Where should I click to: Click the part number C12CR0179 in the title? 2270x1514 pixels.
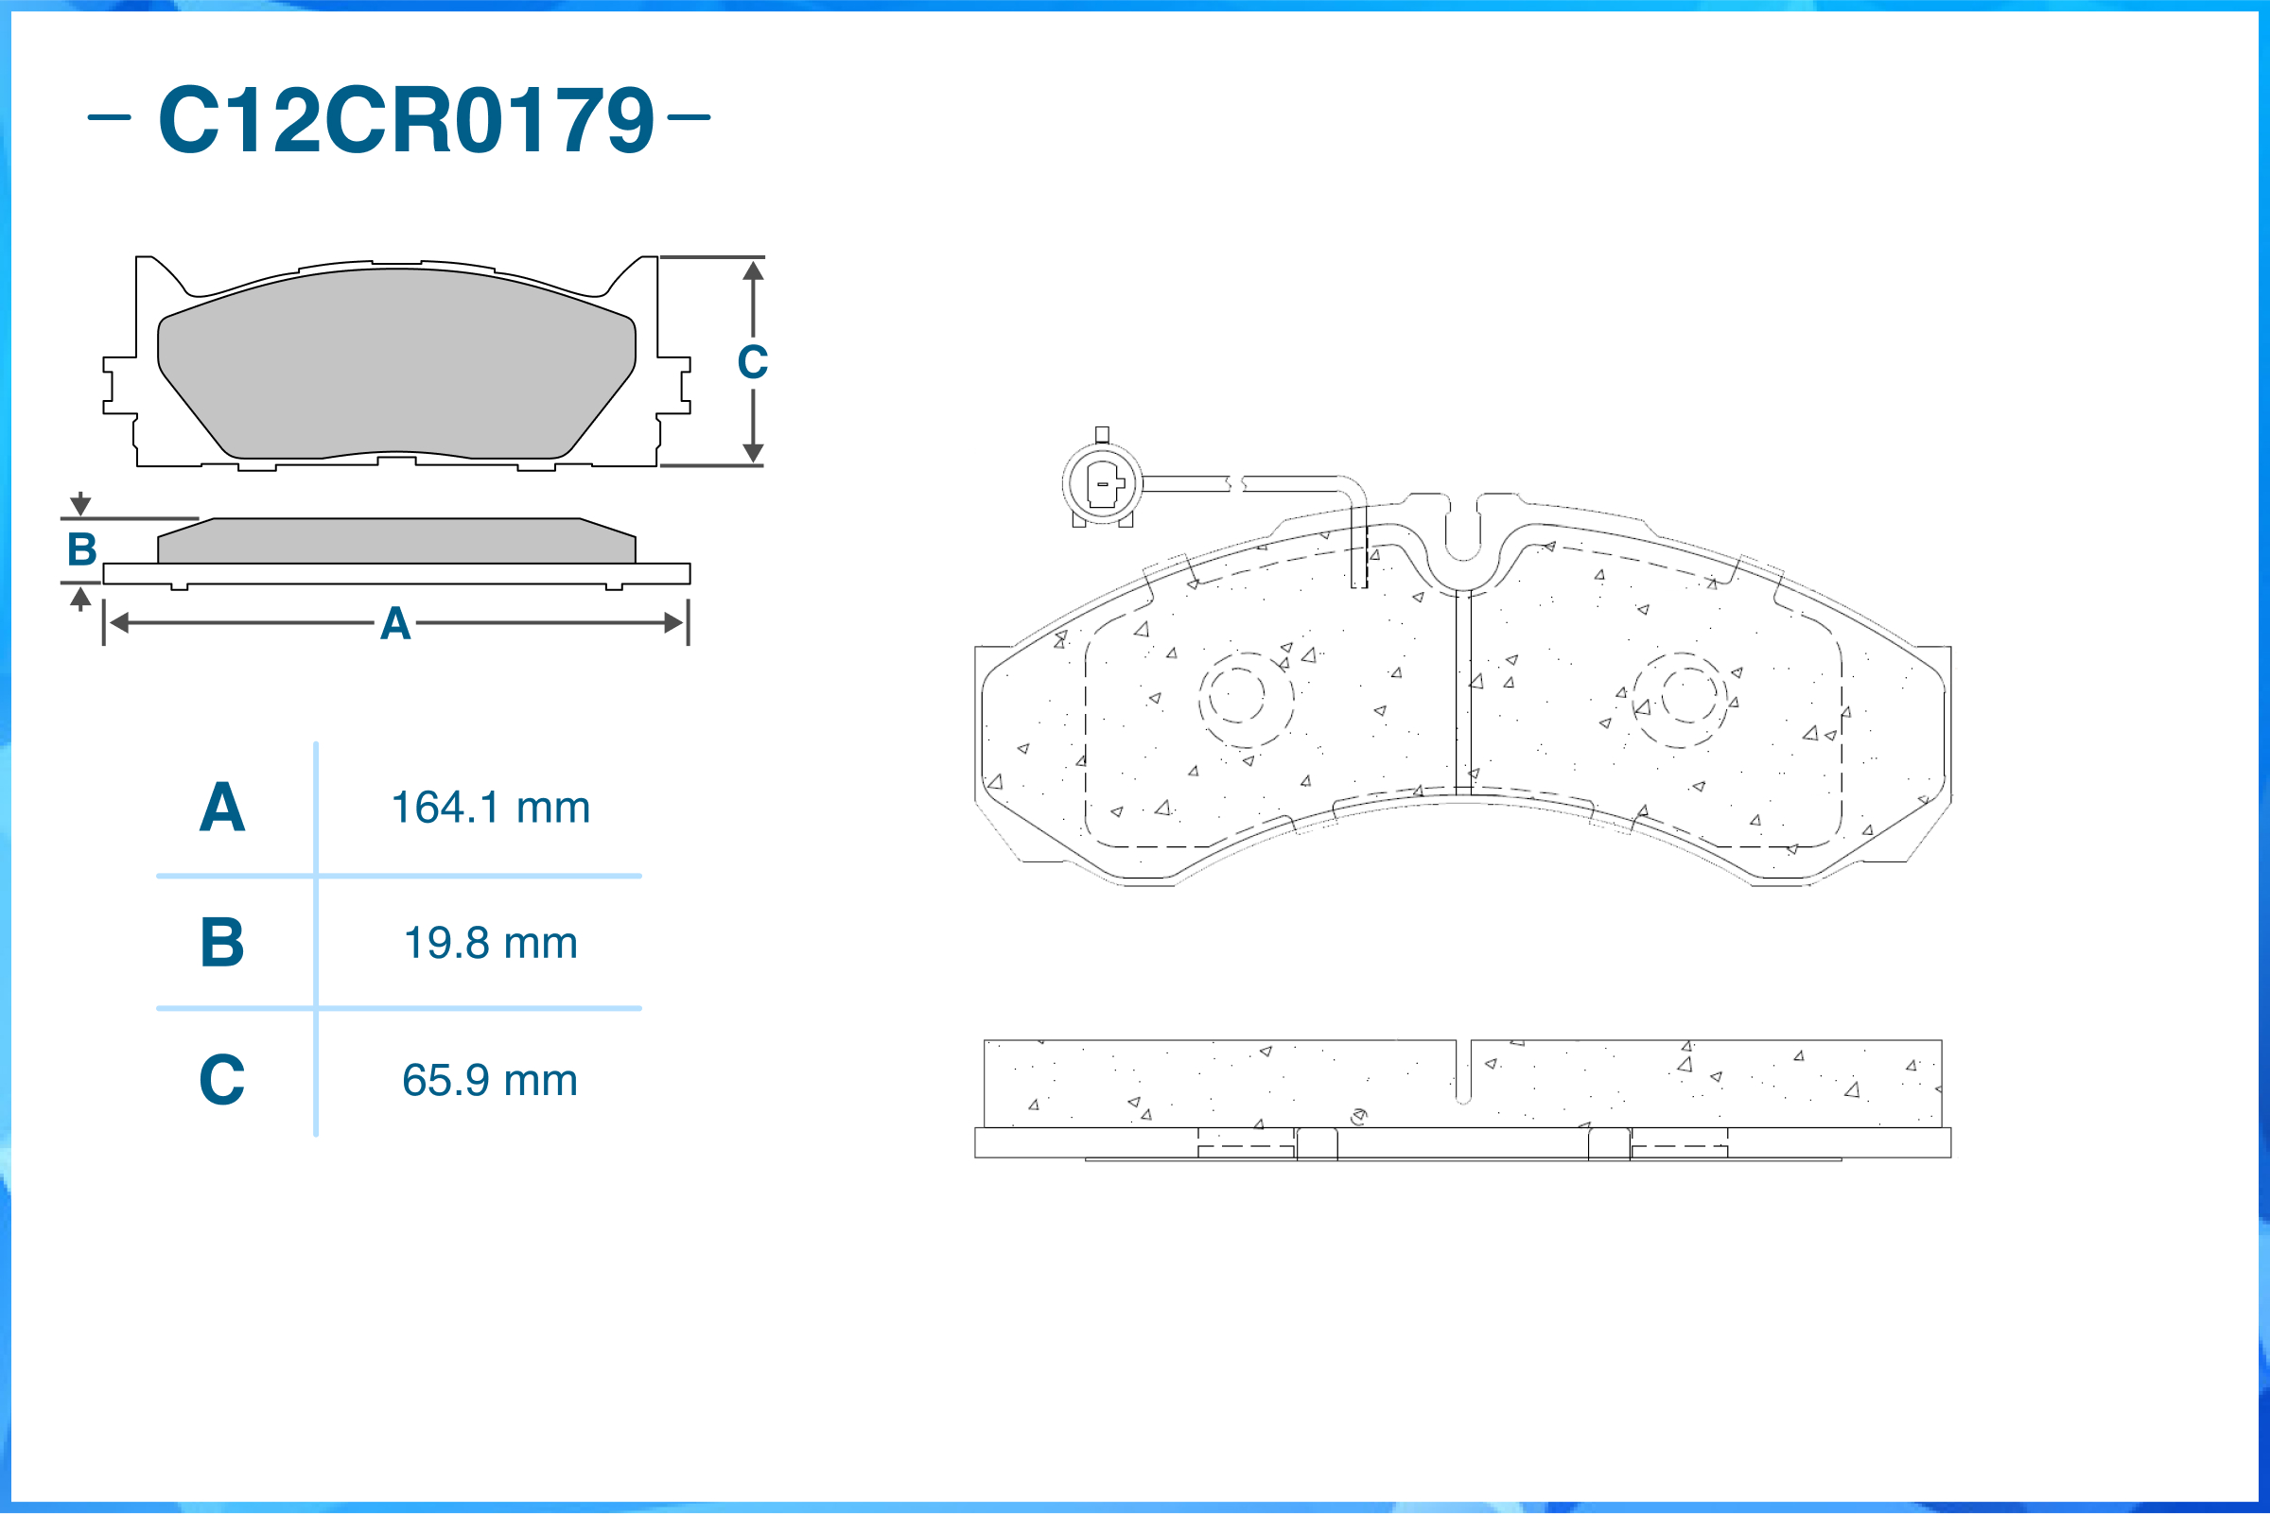(x=406, y=119)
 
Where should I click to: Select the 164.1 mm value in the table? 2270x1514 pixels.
(x=491, y=808)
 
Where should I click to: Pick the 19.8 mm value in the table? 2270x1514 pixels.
(x=491, y=943)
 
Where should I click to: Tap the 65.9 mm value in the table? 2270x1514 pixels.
(x=491, y=1080)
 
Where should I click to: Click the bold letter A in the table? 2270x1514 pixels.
(x=222, y=808)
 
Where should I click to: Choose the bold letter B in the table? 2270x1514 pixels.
(x=222, y=943)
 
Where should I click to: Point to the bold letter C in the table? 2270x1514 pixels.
(x=222, y=1080)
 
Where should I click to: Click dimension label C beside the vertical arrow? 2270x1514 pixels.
(x=753, y=362)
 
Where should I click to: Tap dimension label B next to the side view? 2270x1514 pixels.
(x=82, y=549)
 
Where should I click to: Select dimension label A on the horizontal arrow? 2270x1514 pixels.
(x=395, y=624)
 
